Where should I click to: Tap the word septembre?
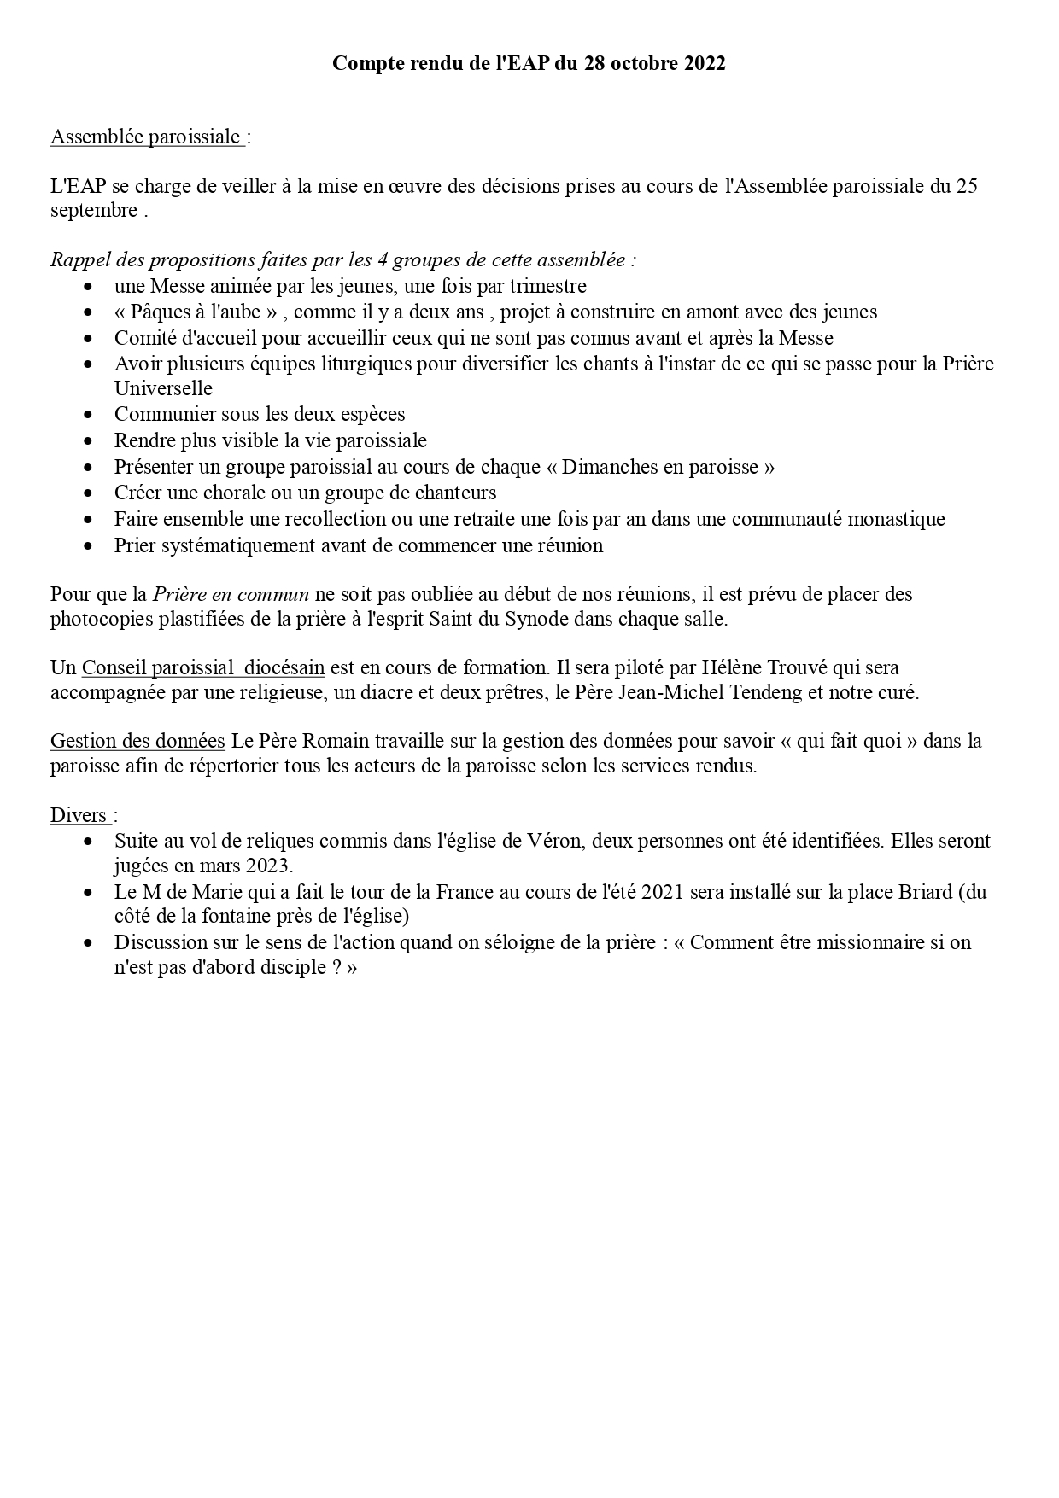(x=93, y=211)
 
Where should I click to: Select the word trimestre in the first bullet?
(x=547, y=286)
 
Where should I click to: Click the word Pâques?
(x=160, y=312)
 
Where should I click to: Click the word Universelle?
(x=163, y=388)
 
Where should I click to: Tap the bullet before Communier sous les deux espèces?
(x=90, y=415)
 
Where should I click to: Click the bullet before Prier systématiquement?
(x=90, y=545)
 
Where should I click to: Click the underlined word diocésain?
(x=284, y=667)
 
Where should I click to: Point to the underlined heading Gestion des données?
(x=137, y=741)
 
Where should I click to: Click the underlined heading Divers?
(x=79, y=815)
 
